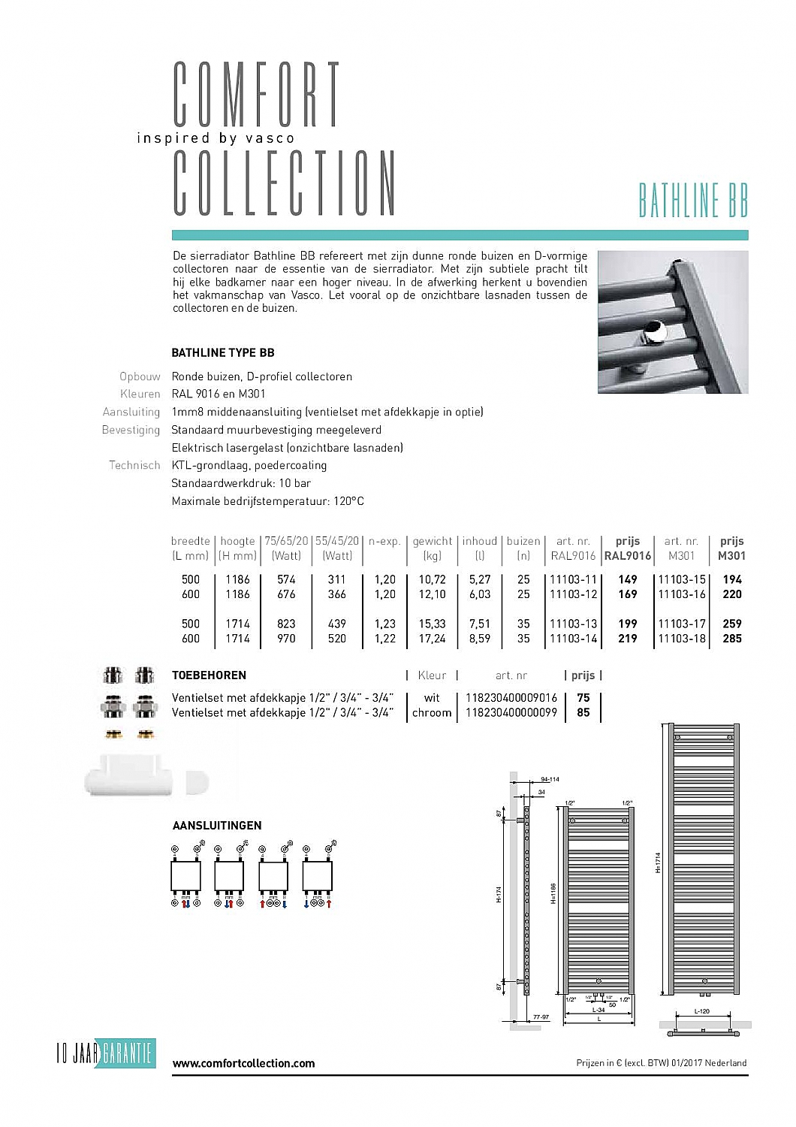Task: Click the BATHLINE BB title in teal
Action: (693, 200)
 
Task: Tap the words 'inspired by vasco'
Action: (216, 138)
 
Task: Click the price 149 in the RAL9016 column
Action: (627, 579)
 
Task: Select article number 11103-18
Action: (682, 639)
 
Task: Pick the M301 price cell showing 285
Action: (731, 639)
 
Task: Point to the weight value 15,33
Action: (432, 624)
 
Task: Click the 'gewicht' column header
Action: (432, 541)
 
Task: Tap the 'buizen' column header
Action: (523, 541)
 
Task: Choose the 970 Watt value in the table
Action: (286, 639)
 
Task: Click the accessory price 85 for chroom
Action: (583, 712)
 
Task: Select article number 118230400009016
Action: (511, 698)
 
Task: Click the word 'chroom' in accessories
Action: (432, 712)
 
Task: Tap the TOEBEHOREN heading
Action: (209, 675)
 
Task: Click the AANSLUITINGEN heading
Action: (217, 826)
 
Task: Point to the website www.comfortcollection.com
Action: (243, 1063)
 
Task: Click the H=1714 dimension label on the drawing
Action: (658, 862)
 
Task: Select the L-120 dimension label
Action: (701, 1011)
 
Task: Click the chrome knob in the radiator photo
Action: (656, 333)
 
